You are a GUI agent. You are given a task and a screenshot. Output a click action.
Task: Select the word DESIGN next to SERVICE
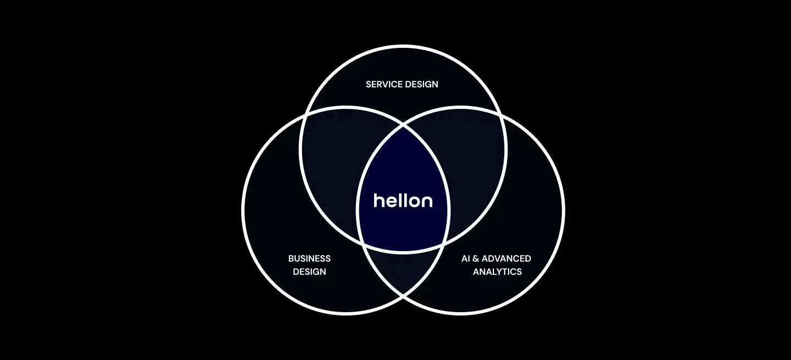pyautogui.click(x=421, y=84)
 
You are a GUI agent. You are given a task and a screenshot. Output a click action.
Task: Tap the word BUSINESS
pyautogui.click(x=309, y=258)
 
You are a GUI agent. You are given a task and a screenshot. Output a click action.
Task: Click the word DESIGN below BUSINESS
pyautogui.click(x=309, y=272)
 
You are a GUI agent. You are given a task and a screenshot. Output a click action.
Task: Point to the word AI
pyautogui.click(x=466, y=258)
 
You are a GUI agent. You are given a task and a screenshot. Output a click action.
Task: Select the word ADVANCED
pyautogui.click(x=506, y=258)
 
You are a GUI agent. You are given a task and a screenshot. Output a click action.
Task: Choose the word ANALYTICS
pyautogui.click(x=497, y=272)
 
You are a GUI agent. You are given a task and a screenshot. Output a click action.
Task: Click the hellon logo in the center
pyautogui.click(x=403, y=201)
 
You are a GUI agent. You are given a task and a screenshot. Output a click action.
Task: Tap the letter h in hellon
pyautogui.click(x=378, y=200)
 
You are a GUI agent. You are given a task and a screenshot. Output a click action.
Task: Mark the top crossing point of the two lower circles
pyautogui.click(x=403, y=125)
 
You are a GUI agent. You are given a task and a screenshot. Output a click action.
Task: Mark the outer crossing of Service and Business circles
pyautogui.click(x=304, y=116)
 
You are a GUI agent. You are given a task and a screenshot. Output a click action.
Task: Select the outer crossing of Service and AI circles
pyautogui.click(x=502, y=115)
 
